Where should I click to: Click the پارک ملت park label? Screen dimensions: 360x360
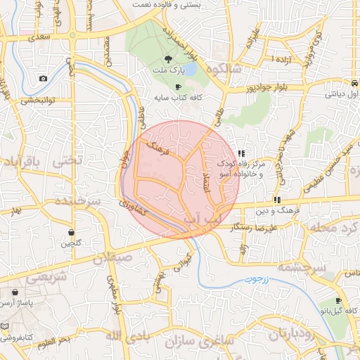[167, 71]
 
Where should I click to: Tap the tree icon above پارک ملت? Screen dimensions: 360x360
[167, 60]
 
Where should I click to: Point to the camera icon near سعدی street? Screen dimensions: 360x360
[43, 78]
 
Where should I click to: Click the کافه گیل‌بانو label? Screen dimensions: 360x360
[340, 311]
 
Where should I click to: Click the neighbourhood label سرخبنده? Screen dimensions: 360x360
[77, 200]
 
